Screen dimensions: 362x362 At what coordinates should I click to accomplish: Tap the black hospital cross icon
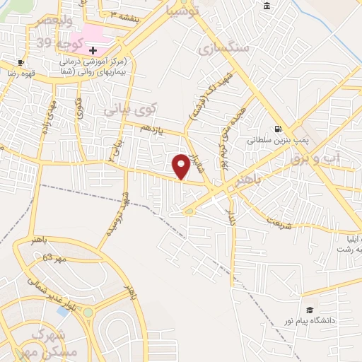93,50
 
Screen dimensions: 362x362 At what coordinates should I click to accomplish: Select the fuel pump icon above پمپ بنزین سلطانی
278,129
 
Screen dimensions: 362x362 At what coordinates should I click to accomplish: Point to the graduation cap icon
310,310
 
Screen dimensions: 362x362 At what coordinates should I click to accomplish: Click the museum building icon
267,6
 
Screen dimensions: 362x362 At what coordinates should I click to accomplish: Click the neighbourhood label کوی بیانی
128,110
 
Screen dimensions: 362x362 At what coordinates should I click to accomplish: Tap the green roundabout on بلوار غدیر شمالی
88,312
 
